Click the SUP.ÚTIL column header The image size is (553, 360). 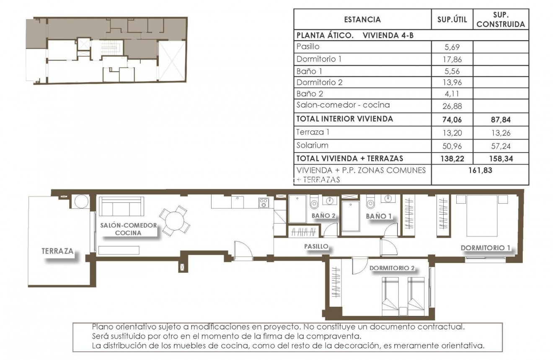tap(452, 19)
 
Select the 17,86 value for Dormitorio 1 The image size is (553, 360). tap(452, 60)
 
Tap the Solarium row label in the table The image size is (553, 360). tap(312, 145)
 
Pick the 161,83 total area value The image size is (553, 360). tap(480, 170)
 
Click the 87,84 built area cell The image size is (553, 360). tap(501, 119)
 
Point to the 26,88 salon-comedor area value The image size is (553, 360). tap(452, 106)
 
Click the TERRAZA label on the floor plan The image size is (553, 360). tap(57, 251)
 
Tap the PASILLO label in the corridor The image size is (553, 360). tap(316, 247)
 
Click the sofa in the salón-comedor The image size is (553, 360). tap(121, 206)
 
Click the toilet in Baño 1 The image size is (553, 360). tap(370, 204)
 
